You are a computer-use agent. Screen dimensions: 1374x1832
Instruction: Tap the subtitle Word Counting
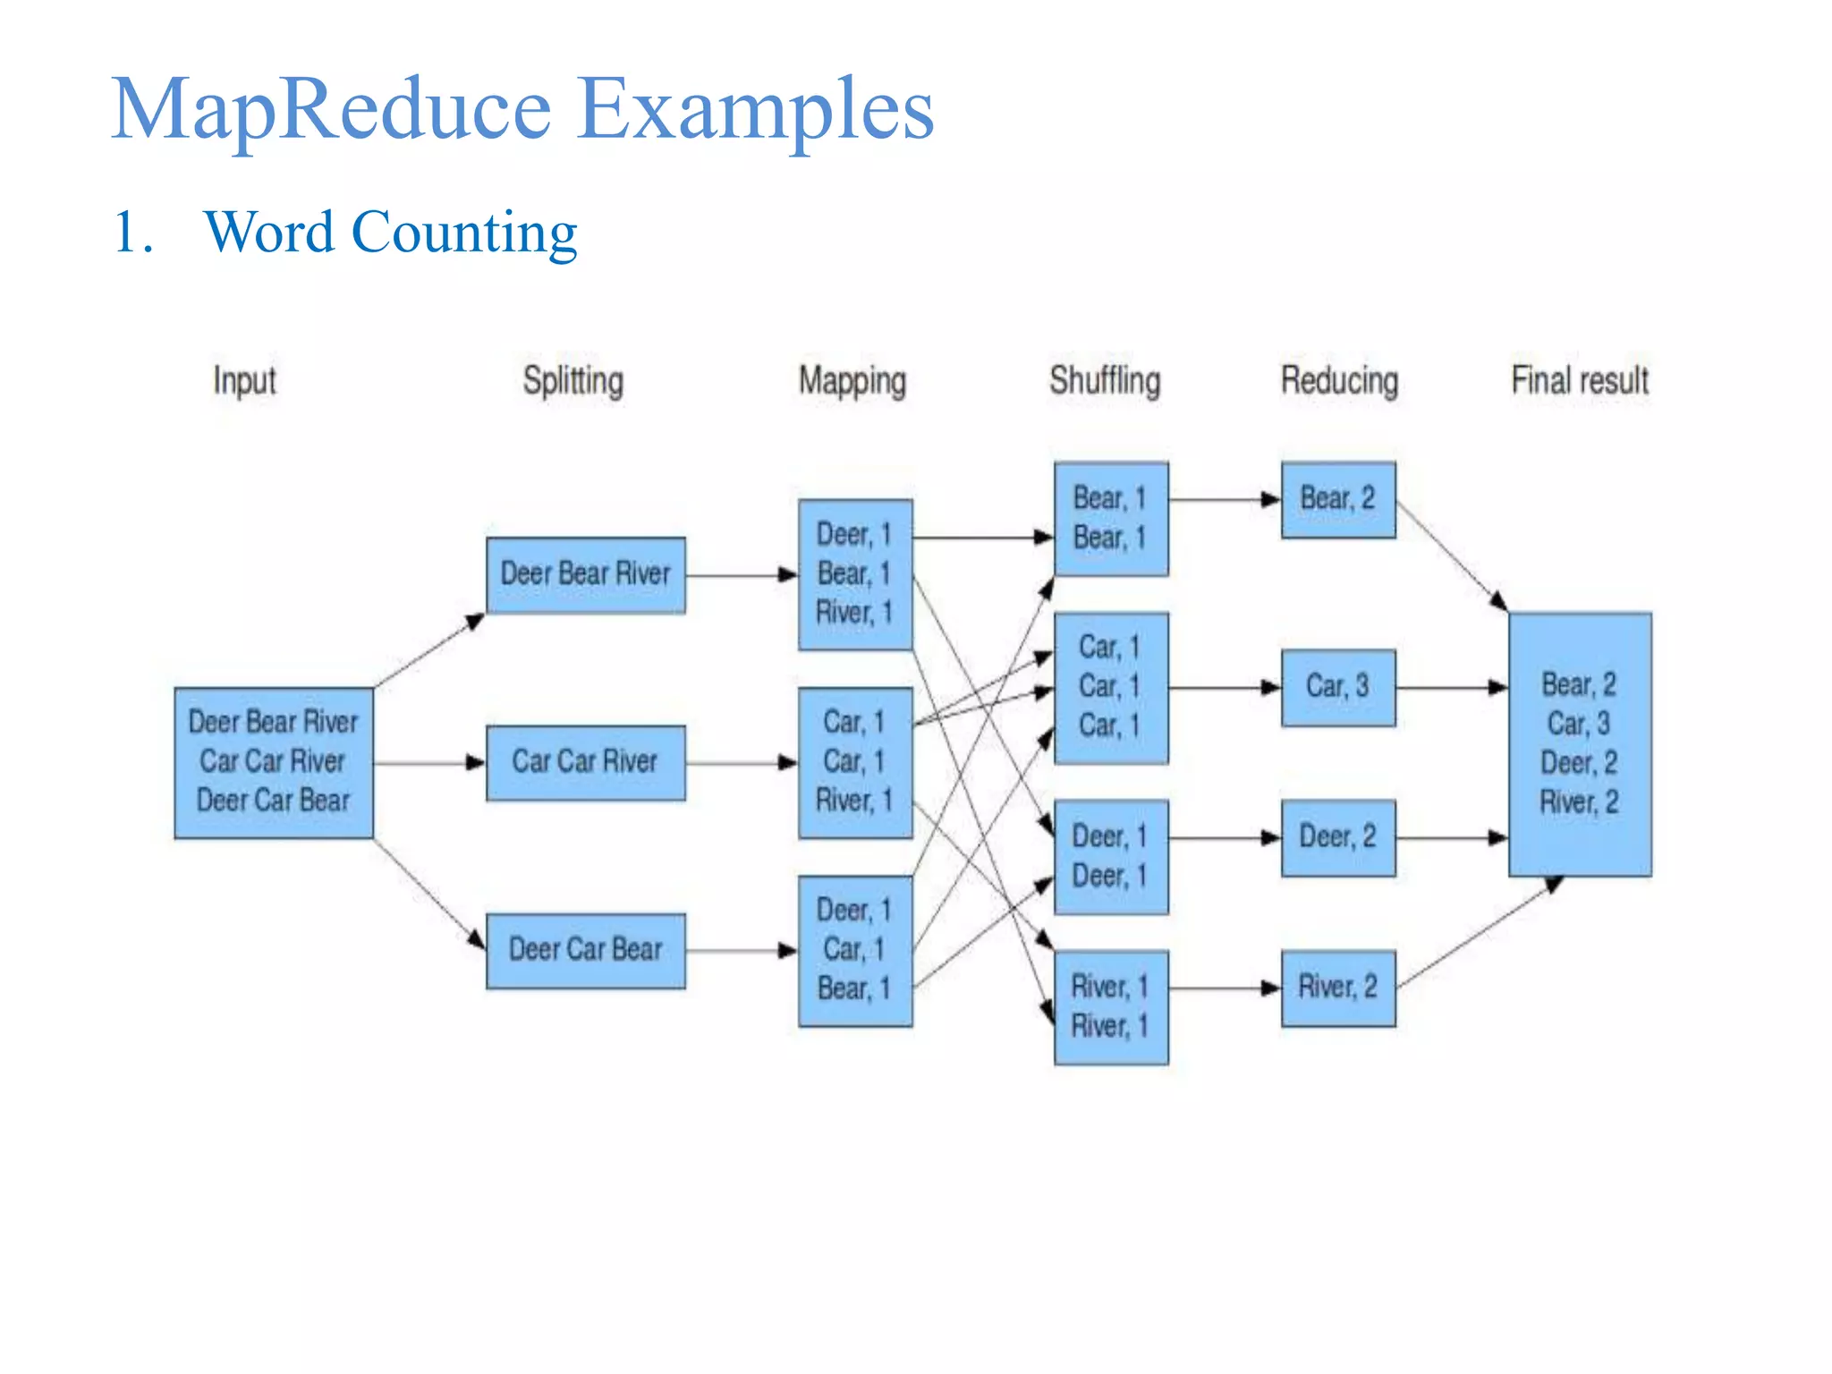pos(390,233)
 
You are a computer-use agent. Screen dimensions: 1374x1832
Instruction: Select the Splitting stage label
pos(572,381)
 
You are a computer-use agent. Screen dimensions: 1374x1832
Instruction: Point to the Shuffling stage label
pos(1105,381)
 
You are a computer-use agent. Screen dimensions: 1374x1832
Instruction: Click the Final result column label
pos(1580,381)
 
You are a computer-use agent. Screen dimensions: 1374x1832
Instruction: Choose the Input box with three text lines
pos(274,762)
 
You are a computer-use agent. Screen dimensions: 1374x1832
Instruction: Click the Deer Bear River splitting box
pos(586,575)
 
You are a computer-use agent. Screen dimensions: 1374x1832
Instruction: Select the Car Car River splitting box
pos(586,762)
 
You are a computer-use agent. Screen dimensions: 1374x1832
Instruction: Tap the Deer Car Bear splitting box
pos(586,950)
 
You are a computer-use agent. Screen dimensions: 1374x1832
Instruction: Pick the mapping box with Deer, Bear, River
pos(855,574)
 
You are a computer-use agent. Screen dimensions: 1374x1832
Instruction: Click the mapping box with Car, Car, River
pos(855,762)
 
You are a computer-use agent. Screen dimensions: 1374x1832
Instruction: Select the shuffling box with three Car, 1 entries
pos(1111,687)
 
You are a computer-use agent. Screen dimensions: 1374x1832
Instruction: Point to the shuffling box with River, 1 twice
pos(1111,1006)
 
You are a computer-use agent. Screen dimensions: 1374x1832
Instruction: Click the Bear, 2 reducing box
pos(1338,499)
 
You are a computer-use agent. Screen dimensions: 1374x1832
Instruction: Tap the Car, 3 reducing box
pos(1338,687)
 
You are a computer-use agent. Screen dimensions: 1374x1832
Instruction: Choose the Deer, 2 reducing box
pos(1338,837)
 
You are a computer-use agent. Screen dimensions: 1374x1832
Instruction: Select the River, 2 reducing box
pos(1338,988)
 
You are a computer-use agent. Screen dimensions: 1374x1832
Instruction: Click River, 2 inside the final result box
pos(1580,802)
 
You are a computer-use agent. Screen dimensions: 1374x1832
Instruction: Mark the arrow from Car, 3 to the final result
pos(1451,687)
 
